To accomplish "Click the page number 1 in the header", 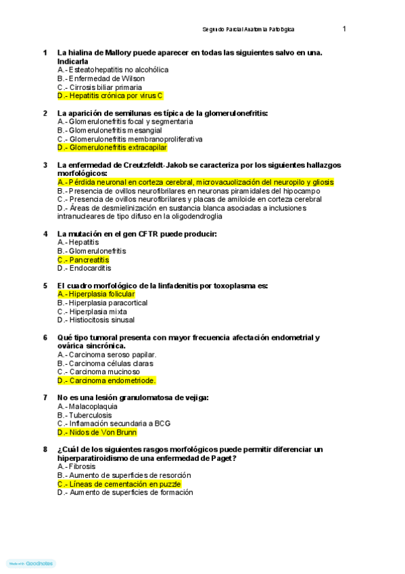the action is (344, 29).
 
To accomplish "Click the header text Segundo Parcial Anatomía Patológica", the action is (248, 30).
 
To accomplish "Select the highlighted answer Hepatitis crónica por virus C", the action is (110, 96).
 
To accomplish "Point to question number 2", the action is (45, 113).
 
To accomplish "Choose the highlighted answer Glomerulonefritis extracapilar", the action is (112, 148).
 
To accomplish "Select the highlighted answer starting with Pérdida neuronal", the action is (195, 182).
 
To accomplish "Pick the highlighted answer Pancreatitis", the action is (83, 260).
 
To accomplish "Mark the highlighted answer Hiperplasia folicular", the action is (96, 294).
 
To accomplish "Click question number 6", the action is (45, 337).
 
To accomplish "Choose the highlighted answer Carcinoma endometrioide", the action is (107, 380).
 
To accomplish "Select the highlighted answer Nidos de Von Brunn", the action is (97, 432).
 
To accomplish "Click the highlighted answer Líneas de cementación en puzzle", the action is (120, 484).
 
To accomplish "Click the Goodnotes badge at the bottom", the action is (31, 563).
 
